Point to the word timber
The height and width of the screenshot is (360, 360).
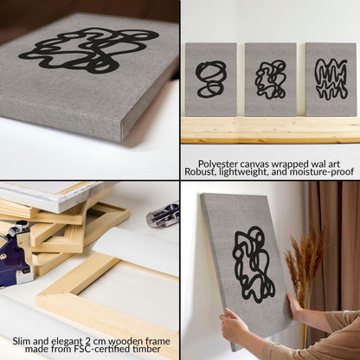tap(146, 349)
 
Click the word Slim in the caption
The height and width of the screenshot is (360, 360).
tap(22, 341)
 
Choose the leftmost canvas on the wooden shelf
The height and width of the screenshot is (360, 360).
tap(211, 80)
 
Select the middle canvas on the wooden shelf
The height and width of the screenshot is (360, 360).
tap(271, 80)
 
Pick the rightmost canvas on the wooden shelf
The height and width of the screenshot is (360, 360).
tap(331, 80)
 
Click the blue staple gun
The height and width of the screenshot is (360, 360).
tap(16, 254)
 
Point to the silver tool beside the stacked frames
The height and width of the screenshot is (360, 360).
tap(164, 214)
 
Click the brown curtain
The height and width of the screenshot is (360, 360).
tap(334, 245)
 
